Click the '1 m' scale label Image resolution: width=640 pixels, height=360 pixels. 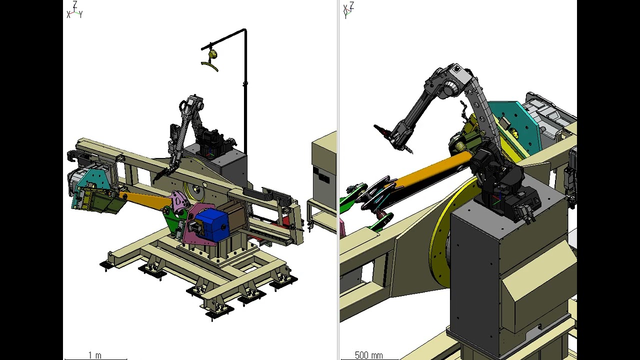(x=95, y=355)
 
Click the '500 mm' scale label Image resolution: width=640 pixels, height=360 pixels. (x=368, y=355)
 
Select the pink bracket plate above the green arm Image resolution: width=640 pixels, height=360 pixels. (x=179, y=202)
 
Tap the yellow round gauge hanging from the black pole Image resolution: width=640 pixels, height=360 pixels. (x=213, y=53)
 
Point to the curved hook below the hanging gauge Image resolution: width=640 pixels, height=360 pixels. (x=209, y=65)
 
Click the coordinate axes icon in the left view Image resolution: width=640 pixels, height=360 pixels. (x=74, y=9)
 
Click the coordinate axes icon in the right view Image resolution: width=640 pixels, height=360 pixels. (x=348, y=9)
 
